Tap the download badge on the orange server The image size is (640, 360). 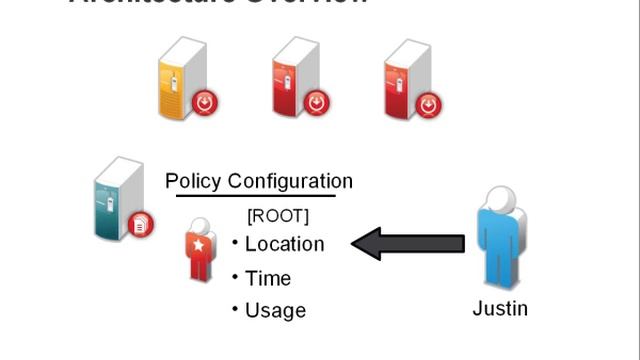[x=205, y=101]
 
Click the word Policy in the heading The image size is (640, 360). [x=193, y=181]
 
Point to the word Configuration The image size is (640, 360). [x=290, y=181]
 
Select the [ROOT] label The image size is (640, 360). [x=277, y=215]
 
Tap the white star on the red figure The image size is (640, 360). [x=200, y=245]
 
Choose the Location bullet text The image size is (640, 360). [x=284, y=244]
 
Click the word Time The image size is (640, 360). [x=268, y=278]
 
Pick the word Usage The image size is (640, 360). [x=275, y=310]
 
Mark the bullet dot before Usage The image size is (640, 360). [x=235, y=308]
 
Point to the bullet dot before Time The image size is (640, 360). [x=235, y=276]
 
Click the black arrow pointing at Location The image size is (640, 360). [x=410, y=243]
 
